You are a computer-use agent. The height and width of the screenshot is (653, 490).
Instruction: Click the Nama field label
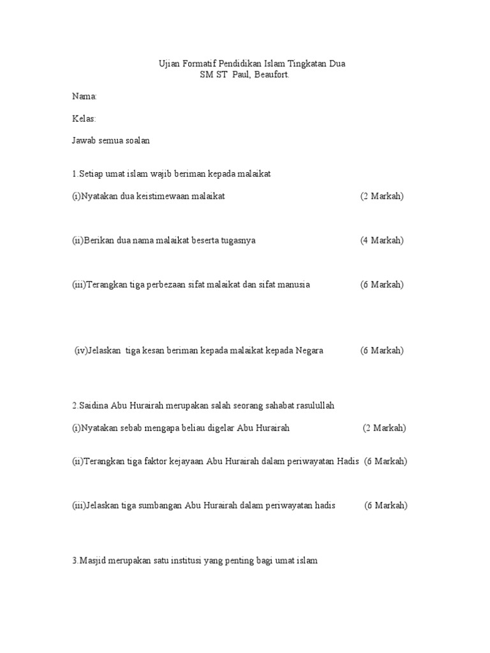pos(84,96)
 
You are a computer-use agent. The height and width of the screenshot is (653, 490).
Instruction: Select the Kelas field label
pos(84,119)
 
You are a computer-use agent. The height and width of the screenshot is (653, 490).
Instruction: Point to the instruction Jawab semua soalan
pos(111,141)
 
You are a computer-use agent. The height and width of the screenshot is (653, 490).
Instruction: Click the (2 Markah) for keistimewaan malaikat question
pos(382,196)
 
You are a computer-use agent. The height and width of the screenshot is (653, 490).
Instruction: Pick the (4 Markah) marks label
pos(382,240)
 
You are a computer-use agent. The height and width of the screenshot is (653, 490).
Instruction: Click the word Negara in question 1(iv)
pos(309,350)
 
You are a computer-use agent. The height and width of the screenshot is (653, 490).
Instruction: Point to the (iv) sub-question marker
pos(81,350)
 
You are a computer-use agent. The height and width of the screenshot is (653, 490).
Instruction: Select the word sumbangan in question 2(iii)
pos(159,506)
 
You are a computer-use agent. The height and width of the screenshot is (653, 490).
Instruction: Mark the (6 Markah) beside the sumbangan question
pos(386,506)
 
